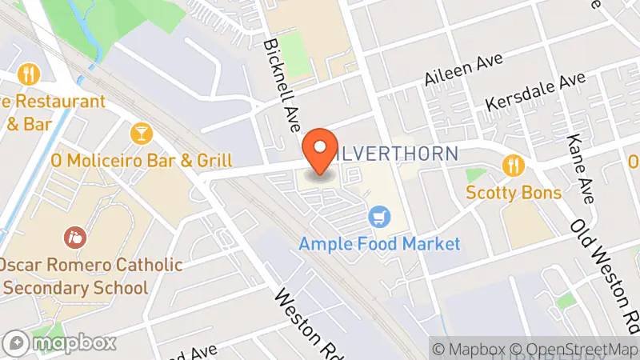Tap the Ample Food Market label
(x=380, y=243)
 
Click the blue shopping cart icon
(x=379, y=215)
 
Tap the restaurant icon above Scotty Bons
(x=513, y=166)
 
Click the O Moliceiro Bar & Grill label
(x=141, y=160)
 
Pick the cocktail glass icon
(x=141, y=132)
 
